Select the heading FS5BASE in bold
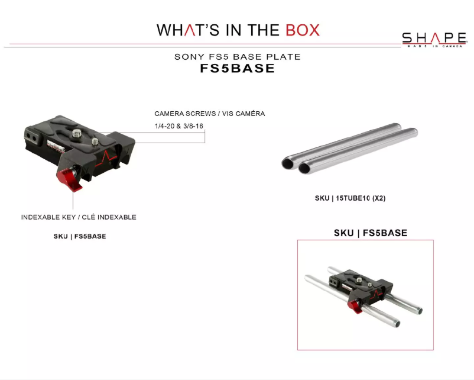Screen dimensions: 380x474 [237, 68]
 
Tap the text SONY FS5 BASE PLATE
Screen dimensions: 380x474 [237, 57]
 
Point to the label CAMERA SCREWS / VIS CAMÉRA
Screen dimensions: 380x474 [210, 113]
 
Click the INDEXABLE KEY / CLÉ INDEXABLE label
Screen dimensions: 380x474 [79, 217]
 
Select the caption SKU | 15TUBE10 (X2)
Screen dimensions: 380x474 [350, 198]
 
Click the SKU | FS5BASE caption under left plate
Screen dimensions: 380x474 [80, 236]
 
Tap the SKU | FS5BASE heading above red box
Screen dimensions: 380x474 [371, 233]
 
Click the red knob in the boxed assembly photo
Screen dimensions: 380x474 [355, 306]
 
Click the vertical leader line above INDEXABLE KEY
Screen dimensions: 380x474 [73, 201]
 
